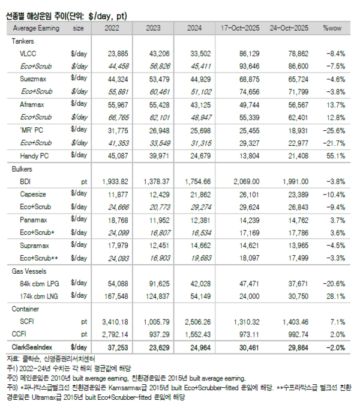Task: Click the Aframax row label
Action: (31, 104)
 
